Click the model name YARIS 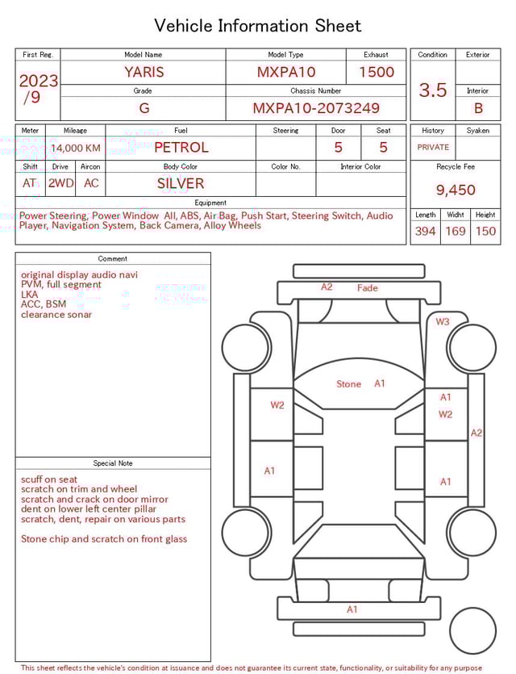[x=144, y=72]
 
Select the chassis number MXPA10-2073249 [x=316, y=107]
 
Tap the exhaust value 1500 [x=377, y=72]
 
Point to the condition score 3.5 [x=433, y=90]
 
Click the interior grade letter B [x=478, y=107]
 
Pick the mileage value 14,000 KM [x=76, y=148]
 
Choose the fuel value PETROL [x=181, y=147]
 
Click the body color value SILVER [x=181, y=183]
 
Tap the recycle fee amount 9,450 [x=456, y=190]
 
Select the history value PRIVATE [x=433, y=147]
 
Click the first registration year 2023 [x=38, y=81]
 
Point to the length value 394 [x=425, y=232]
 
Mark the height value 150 [x=485, y=232]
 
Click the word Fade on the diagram [x=367, y=288]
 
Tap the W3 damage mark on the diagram [x=443, y=321]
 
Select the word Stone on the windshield [x=348, y=384]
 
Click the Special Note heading [x=113, y=463]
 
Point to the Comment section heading [x=113, y=259]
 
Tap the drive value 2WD [x=60, y=183]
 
